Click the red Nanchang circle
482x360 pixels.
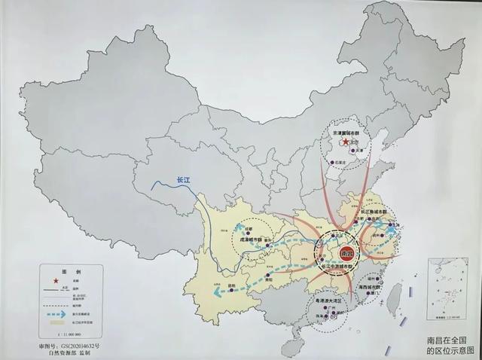[x=347, y=253]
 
